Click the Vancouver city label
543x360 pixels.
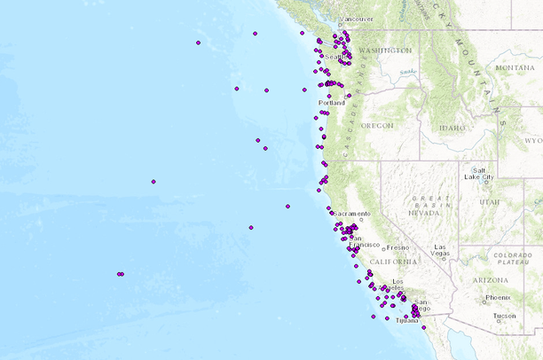pyautogui.click(x=358, y=19)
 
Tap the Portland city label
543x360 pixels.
pyautogui.click(x=331, y=103)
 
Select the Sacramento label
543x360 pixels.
pyautogui.click(x=352, y=214)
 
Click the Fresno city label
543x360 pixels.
pyautogui.click(x=397, y=247)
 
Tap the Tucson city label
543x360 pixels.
pyautogui.click(x=505, y=316)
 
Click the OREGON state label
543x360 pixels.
pyautogui.click(x=376, y=126)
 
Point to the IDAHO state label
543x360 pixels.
pyautogui.click(x=452, y=129)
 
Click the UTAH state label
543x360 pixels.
pyautogui.click(x=490, y=202)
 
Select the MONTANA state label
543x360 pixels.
pyautogui.click(x=515, y=67)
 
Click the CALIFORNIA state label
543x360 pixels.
pyautogui.click(x=393, y=262)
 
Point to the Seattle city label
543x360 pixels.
pyautogui.click(x=335, y=58)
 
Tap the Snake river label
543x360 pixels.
pyautogui.click(x=407, y=72)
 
